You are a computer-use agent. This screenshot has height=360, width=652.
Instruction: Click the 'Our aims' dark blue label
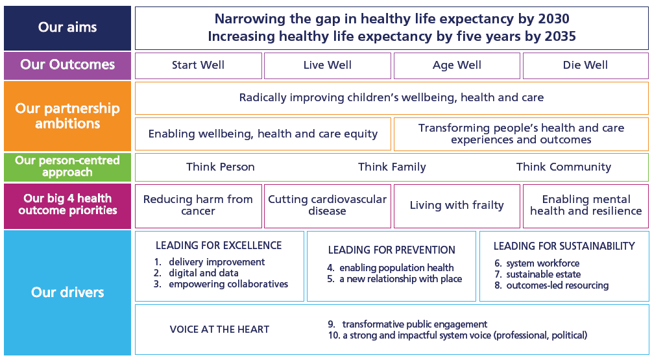point(67,28)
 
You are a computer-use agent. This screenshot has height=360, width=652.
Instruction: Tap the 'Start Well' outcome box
point(199,66)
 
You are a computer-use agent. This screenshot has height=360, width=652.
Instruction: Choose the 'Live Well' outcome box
point(328,66)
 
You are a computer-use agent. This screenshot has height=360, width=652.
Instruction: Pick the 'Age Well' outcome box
point(457,66)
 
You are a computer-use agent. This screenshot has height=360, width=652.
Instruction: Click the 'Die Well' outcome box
point(585,66)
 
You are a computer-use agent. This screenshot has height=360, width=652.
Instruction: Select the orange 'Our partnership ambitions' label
point(67,116)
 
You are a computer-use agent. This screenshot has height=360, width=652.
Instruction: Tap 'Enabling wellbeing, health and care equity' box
point(263,134)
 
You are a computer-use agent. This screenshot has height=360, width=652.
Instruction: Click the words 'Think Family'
point(392,167)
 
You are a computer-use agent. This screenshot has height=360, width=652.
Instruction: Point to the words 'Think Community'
point(564,167)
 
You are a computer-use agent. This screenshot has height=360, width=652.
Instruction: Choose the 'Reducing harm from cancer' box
point(199,206)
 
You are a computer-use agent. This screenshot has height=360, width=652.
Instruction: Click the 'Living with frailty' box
point(457,206)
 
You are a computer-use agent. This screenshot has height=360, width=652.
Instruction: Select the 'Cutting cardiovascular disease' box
point(328,206)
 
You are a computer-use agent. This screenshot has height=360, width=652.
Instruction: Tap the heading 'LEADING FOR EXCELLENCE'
point(219,245)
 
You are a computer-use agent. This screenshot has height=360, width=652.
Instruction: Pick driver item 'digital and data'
point(204,273)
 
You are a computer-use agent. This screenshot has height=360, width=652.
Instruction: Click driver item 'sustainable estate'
point(544,274)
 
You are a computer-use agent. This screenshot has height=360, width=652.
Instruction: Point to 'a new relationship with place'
point(401,279)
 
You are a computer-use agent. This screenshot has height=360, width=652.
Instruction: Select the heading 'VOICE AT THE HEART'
point(219,330)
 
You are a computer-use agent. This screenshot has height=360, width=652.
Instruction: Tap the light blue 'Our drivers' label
point(67,293)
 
